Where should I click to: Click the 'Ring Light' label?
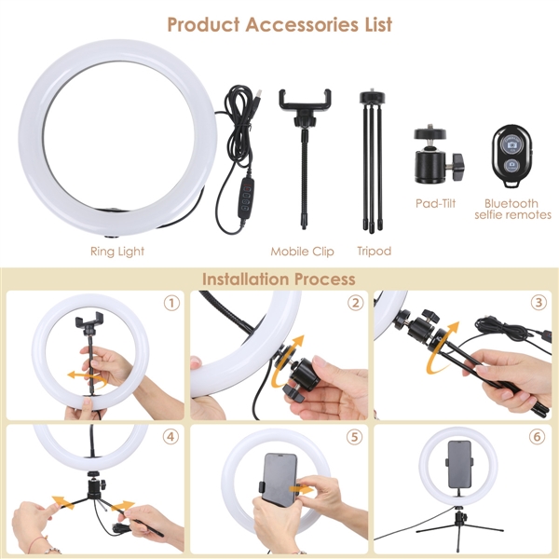(117, 252)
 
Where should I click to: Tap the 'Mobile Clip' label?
(302, 252)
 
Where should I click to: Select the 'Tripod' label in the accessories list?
(375, 252)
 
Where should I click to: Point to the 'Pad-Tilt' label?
(436, 203)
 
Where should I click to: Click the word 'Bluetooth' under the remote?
(511, 203)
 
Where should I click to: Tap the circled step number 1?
(171, 303)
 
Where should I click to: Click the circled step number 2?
(356, 303)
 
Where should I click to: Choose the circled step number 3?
(539, 303)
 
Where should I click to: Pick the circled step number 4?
(170, 437)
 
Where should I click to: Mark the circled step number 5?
(354, 437)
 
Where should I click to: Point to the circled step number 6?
(538, 437)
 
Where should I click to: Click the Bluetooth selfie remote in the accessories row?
(511, 156)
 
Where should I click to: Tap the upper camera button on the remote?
(511, 144)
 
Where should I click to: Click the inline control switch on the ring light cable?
(248, 196)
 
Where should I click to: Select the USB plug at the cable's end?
(257, 96)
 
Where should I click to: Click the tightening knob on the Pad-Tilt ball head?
(458, 166)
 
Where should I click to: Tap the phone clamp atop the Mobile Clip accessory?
(305, 101)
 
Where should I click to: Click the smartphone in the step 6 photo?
(459, 464)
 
